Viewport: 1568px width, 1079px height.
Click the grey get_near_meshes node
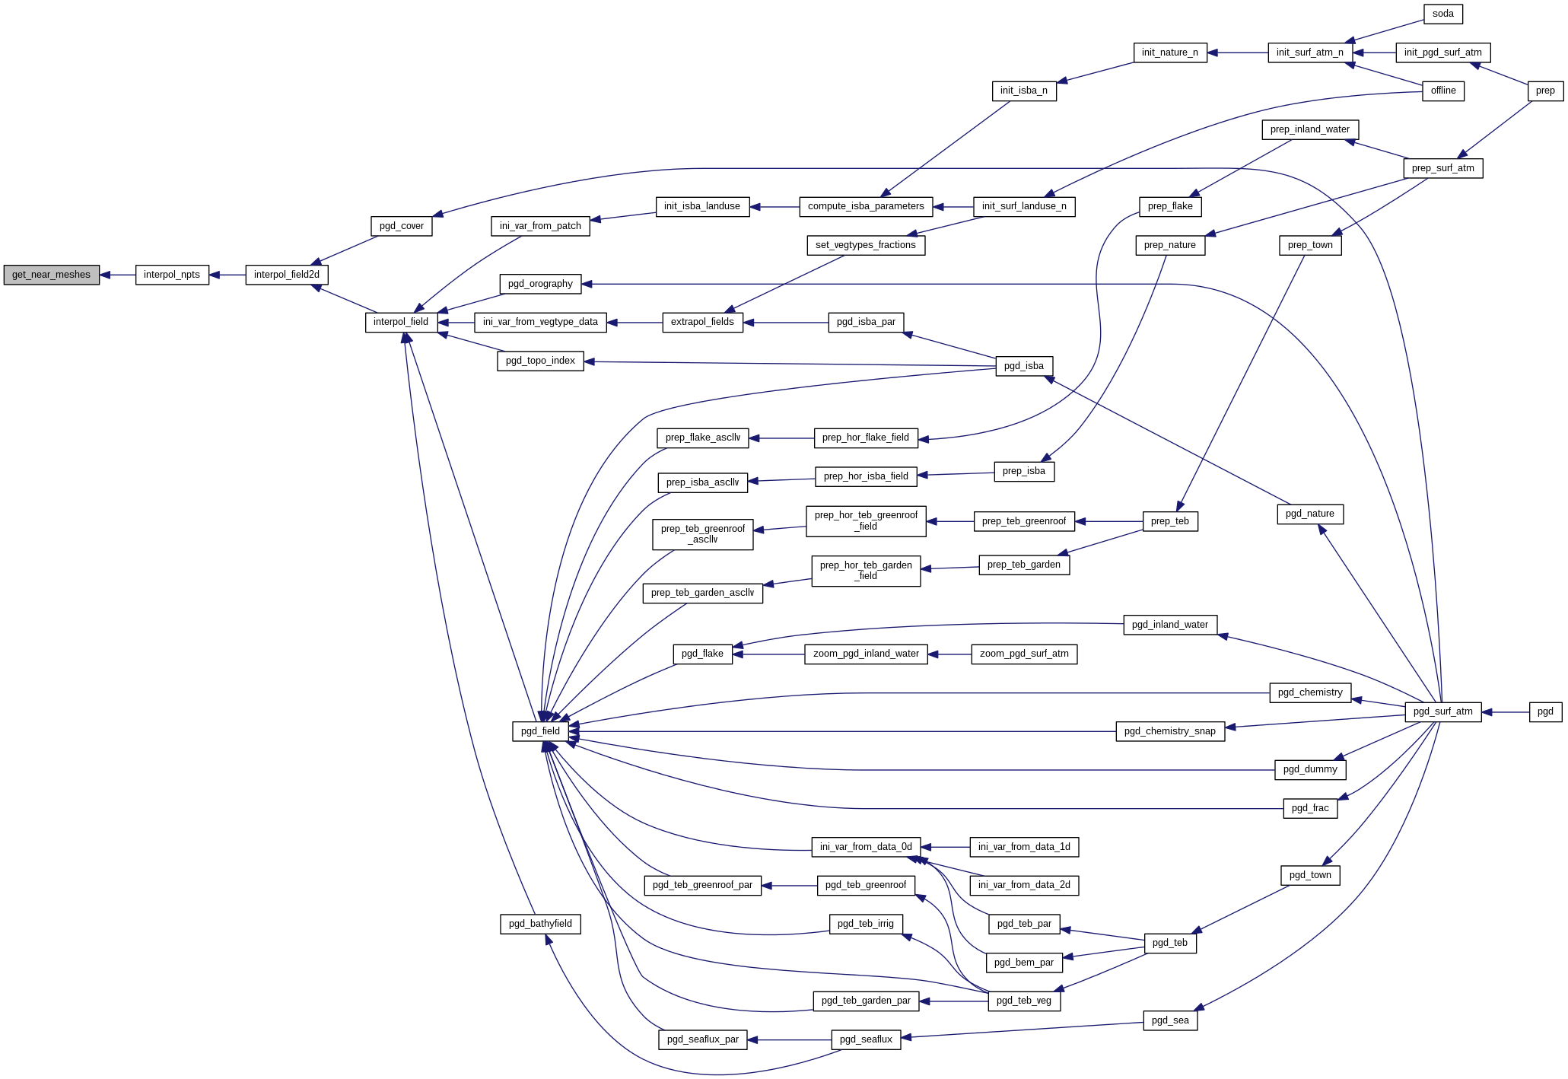point(51,275)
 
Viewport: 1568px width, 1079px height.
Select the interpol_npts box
point(172,275)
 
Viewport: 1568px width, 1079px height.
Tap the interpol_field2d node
point(287,275)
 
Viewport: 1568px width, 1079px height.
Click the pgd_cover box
point(401,226)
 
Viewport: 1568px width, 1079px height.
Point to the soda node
point(1442,14)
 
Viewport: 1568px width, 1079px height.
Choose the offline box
point(1442,91)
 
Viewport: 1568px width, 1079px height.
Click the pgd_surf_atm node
point(1442,711)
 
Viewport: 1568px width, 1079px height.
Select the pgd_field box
point(540,731)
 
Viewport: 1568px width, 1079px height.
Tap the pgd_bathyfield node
point(540,924)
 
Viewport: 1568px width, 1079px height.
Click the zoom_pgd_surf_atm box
point(1024,654)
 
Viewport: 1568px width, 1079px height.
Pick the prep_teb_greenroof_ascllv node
point(703,534)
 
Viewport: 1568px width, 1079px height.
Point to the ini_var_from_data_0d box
point(866,847)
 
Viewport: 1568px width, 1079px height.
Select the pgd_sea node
point(1170,1020)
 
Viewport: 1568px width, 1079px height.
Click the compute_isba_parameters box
point(866,206)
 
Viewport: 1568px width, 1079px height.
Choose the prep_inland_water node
point(1309,129)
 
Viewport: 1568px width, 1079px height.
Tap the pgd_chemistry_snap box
point(1170,731)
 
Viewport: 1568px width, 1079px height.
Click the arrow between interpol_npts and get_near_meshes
point(117,275)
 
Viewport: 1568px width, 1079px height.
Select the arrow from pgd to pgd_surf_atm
point(1505,712)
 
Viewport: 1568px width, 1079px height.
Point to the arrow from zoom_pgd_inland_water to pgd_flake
point(768,654)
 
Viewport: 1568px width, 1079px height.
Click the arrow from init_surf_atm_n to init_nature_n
point(1237,53)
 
